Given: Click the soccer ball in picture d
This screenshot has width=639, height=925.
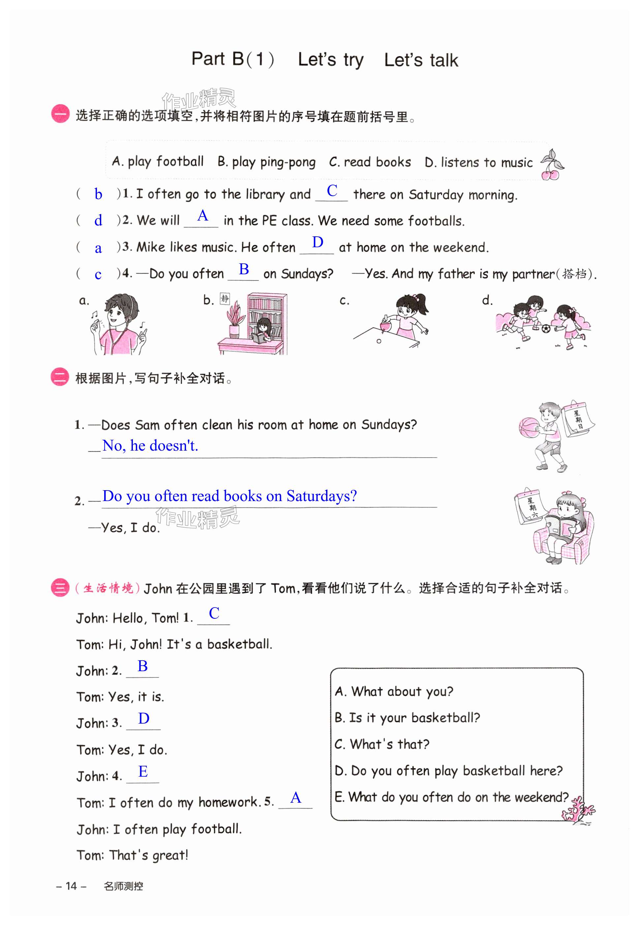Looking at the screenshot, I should point(546,329).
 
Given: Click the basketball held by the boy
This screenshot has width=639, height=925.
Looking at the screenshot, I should point(529,428).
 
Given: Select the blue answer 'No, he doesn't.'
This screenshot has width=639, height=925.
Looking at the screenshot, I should point(150,445).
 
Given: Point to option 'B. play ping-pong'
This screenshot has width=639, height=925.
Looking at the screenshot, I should point(266,162).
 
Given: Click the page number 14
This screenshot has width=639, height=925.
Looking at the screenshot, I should point(71,886).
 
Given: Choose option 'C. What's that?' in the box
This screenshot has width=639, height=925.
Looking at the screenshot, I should point(381,744).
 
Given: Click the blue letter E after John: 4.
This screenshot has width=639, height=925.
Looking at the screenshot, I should point(143,771).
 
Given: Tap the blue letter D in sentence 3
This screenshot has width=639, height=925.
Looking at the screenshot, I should point(318,242).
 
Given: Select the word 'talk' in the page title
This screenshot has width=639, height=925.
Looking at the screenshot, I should point(443,60).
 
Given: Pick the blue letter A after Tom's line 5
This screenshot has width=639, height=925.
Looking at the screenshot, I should point(295,798).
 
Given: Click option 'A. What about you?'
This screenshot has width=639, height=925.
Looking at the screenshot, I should point(394,691).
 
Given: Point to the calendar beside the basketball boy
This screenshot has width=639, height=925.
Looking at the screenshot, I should point(578,419).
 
